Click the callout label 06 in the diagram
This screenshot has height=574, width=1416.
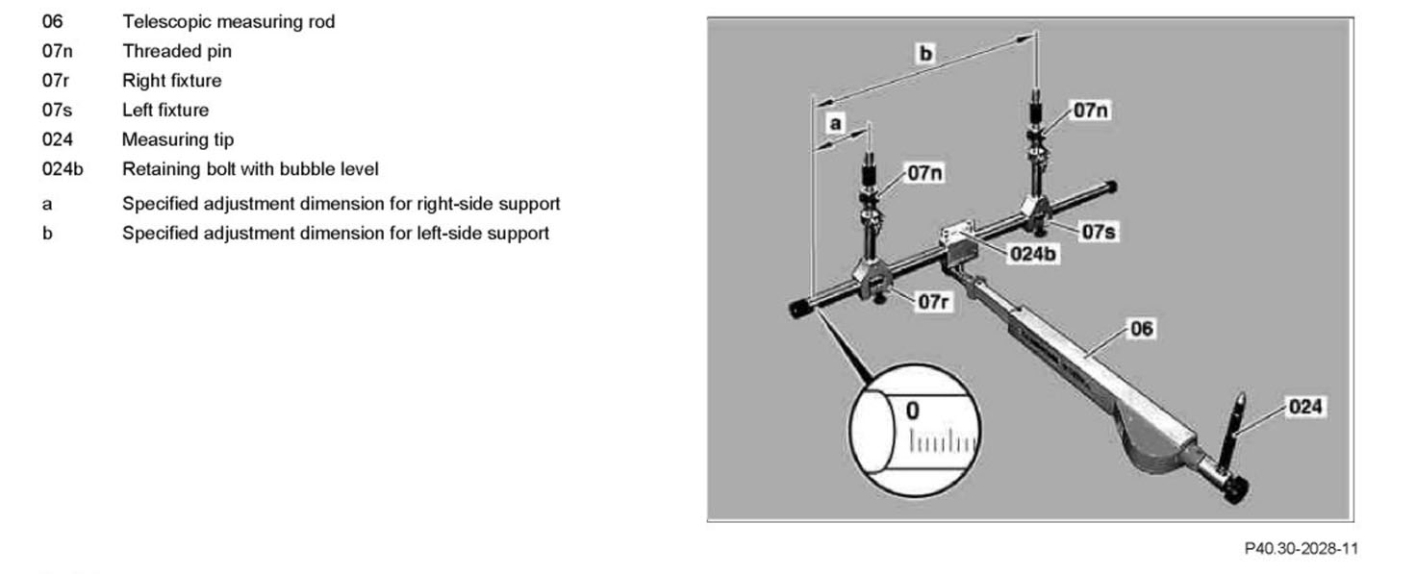1140,329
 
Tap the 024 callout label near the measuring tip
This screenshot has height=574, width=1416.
1304,407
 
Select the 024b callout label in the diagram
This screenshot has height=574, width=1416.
1033,254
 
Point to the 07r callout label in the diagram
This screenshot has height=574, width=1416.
933,301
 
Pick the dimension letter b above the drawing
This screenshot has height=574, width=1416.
925,54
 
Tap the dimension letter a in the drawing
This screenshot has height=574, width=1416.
835,124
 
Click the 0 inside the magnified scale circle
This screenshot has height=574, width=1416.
912,411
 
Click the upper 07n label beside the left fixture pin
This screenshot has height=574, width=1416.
1090,111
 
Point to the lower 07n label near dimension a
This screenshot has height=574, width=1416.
924,174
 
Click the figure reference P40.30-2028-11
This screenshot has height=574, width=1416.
1301,549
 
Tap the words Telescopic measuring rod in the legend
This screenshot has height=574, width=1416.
228,21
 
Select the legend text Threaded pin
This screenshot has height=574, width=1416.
176,51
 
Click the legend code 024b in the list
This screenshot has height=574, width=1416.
62,169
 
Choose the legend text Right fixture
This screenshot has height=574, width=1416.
171,81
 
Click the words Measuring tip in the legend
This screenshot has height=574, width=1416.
177,139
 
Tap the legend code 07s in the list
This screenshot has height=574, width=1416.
57,110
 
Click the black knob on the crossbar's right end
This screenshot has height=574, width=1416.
1112,187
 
